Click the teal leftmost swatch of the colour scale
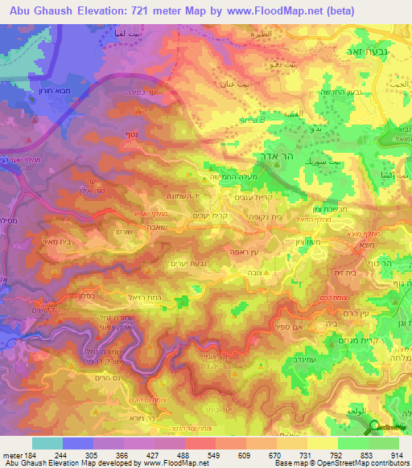pyautogui.click(x=47, y=443)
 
